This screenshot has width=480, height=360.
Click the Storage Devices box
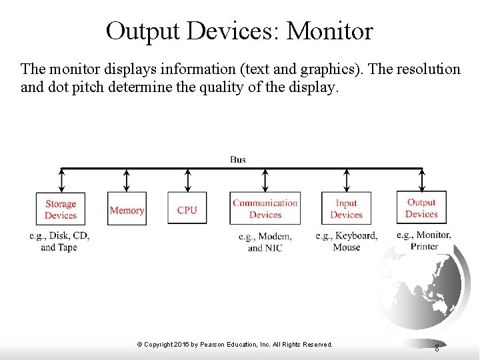[61, 209]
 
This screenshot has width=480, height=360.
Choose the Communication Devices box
[265, 209]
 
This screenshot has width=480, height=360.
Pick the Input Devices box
[346, 209]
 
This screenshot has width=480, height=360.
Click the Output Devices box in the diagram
[421, 208]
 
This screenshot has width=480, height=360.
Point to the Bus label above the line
[238, 159]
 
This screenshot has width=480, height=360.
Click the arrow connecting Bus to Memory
[127, 180]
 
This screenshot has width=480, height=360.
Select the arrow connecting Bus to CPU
[187, 180]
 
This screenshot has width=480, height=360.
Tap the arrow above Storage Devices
[61, 180]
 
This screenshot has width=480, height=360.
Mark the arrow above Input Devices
[346, 180]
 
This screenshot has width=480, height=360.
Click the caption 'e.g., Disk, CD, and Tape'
[59, 241]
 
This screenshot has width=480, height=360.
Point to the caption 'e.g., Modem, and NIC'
[265, 242]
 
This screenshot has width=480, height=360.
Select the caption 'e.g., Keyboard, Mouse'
[347, 241]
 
